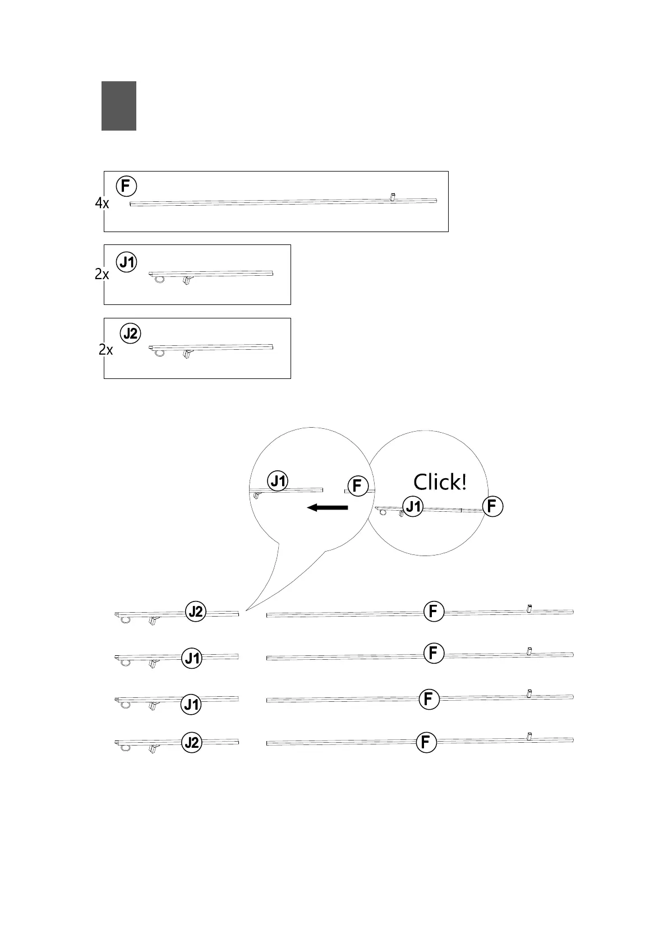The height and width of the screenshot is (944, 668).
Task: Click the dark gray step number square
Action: (x=119, y=106)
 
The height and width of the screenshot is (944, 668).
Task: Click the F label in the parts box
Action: (x=127, y=186)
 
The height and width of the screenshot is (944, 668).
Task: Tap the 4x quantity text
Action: (x=102, y=203)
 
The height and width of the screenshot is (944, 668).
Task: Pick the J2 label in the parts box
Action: (x=131, y=334)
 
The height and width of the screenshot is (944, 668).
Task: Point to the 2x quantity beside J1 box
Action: (x=102, y=275)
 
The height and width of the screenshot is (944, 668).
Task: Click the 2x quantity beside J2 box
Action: (x=106, y=350)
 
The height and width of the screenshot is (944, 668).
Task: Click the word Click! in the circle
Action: (x=440, y=482)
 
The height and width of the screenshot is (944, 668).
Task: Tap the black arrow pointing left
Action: (x=328, y=507)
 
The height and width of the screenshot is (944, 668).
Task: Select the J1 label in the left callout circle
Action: (x=279, y=481)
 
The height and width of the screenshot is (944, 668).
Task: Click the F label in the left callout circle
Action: (x=357, y=486)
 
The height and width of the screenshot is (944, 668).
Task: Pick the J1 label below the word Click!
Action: (x=413, y=507)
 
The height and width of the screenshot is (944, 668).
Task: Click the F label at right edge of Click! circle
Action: (x=492, y=507)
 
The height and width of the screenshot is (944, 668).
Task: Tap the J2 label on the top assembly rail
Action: (x=196, y=612)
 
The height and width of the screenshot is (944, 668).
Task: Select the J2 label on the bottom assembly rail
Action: (x=192, y=743)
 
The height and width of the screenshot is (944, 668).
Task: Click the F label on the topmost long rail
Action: (x=433, y=612)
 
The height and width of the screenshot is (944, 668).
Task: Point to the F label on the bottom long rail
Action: (x=426, y=743)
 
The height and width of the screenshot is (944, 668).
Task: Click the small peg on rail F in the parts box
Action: (x=393, y=197)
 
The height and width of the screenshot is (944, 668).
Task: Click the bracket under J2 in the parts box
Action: (x=187, y=355)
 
